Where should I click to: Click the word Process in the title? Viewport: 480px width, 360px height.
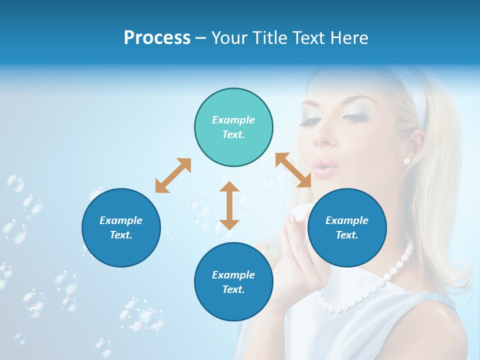[157, 37]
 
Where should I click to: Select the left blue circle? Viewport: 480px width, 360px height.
[121, 228]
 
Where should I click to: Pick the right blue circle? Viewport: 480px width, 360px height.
[347, 228]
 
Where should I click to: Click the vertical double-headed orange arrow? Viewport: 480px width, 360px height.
[229, 205]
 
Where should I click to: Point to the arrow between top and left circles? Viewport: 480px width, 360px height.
[173, 175]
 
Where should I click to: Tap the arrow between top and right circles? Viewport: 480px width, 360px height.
[293, 170]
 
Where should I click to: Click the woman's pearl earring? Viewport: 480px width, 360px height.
[406, 160]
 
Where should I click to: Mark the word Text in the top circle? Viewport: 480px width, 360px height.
[233, 134]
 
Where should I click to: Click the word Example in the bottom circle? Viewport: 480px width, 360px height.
[233, 274]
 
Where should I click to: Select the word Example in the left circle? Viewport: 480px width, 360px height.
[121, 220]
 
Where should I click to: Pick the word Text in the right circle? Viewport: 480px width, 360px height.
[347, 235]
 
